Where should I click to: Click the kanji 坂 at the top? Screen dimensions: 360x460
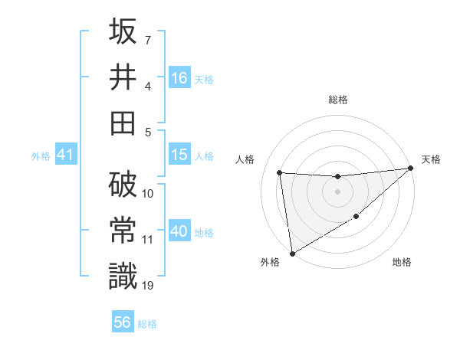[123, 32]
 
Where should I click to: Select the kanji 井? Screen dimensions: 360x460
[123, 77]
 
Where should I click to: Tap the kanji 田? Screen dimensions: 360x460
[123, 122]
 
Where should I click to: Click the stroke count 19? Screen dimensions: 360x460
[148, 285]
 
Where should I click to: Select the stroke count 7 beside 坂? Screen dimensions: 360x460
[148, 40]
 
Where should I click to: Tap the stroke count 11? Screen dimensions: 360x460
[148, 240]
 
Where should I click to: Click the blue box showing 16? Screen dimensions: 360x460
[179, 77]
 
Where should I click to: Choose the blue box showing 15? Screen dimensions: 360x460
[179, 155]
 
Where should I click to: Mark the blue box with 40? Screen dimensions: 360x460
[179, 231]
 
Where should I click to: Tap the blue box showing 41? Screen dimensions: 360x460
[65, 155]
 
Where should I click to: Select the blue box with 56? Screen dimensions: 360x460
[123, 322]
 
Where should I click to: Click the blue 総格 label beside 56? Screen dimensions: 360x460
[147, 324]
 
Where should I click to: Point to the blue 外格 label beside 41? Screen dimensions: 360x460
[41, 156]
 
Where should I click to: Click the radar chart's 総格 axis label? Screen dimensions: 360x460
[338, 100]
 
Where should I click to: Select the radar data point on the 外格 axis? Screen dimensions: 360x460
[292, 253]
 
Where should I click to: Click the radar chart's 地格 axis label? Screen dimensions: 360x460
[402, 263]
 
